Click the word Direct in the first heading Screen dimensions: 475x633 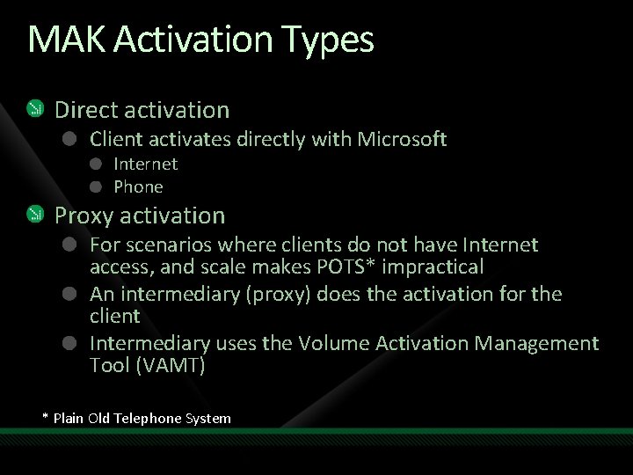85,110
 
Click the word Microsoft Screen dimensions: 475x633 402,139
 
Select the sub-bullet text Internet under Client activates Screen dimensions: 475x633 145,164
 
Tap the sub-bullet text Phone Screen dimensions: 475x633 138,186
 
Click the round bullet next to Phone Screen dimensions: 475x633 97,186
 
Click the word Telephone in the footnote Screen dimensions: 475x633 148,419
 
